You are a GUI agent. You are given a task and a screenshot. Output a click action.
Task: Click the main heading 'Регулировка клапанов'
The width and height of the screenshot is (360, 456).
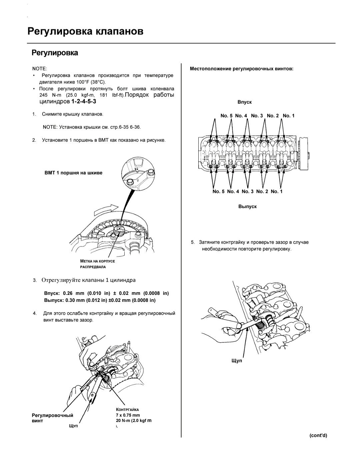coord(85,31)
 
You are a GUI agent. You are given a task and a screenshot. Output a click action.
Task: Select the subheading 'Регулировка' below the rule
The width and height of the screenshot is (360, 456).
coord(55,53)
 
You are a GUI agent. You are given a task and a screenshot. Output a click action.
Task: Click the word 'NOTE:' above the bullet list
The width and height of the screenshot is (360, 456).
coord(40,68)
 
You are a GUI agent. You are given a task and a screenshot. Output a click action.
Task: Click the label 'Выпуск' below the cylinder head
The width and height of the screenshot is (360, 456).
coord(247,206)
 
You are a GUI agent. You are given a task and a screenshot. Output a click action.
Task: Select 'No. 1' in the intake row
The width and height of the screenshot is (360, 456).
coord(288,116)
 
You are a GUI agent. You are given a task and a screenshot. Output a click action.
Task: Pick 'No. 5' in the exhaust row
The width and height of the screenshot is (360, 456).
coord(218,191)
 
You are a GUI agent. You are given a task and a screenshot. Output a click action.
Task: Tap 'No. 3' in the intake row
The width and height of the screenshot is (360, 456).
coord(257,116)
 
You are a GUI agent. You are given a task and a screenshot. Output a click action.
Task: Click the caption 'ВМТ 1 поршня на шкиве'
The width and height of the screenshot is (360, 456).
coord(73,173)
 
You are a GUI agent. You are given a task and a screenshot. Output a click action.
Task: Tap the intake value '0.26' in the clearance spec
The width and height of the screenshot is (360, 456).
coord(68,293)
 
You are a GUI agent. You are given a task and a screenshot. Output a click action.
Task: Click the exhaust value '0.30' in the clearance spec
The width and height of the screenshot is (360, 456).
coord(70,300)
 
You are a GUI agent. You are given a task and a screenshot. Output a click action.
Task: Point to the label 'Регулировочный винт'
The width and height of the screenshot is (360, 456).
coord(52,418)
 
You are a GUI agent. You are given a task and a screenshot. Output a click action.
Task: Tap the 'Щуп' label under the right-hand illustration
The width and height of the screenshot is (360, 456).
coord(237,361)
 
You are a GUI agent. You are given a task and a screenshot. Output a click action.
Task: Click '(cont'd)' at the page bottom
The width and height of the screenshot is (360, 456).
coord(318,435)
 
